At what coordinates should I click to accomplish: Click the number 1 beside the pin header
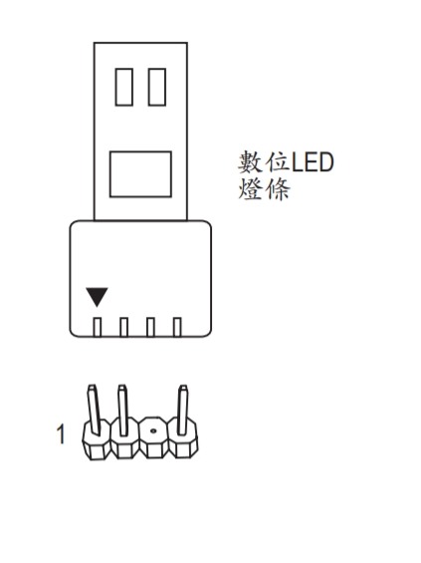point(61,434)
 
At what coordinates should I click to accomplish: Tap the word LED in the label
point(312,162)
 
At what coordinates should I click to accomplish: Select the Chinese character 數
point(251,162)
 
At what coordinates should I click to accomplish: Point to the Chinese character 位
point(277,162)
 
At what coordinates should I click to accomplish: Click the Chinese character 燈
point(251,189)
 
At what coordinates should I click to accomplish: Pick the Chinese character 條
point(277,189)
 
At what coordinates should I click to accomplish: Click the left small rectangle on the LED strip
point(124,87)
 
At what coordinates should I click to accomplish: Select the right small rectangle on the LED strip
point(157,87)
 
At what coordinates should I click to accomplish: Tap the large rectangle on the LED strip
point(140,174)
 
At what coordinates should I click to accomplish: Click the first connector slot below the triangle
point(98,327)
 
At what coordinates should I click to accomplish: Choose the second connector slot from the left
point(123,327)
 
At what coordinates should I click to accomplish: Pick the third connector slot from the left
point(150,327)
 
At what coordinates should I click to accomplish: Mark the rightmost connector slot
point(177,327)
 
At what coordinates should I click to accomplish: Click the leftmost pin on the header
point(94,410)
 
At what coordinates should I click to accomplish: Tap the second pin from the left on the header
point(123,410)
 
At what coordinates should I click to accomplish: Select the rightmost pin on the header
point(183,410)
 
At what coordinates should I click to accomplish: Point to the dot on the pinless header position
point(153,430)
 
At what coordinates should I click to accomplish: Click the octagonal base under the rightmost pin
point(183,438)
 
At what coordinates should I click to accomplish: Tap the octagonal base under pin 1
point(97,440)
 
